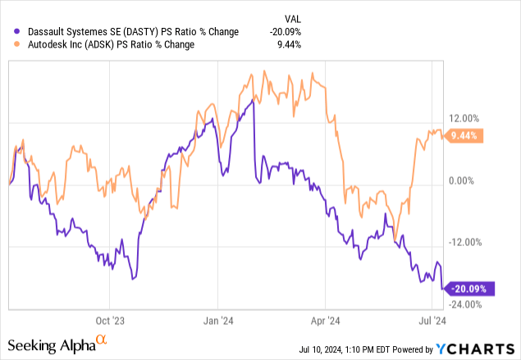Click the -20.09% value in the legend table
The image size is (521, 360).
pyautogui.click(x=285, y=32)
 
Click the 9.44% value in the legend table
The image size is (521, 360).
pyautogui.click(x=287, y=45)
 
